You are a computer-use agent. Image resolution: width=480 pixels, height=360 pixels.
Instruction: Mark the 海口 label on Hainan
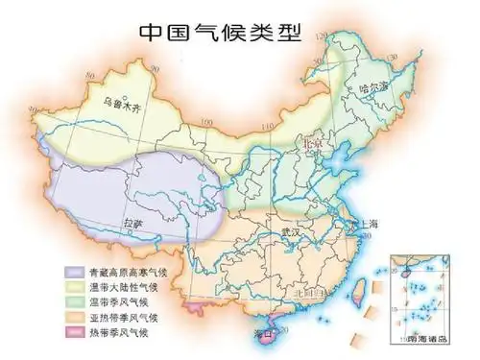(x=262, y=333)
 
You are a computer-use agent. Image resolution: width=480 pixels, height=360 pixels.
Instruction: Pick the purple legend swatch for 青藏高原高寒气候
(x=74, y=272)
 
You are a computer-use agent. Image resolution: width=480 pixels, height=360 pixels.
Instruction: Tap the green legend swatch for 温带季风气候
(x=74, y=301)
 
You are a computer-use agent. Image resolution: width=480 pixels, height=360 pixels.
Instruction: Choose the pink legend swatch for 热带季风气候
(x=74, y=332)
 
